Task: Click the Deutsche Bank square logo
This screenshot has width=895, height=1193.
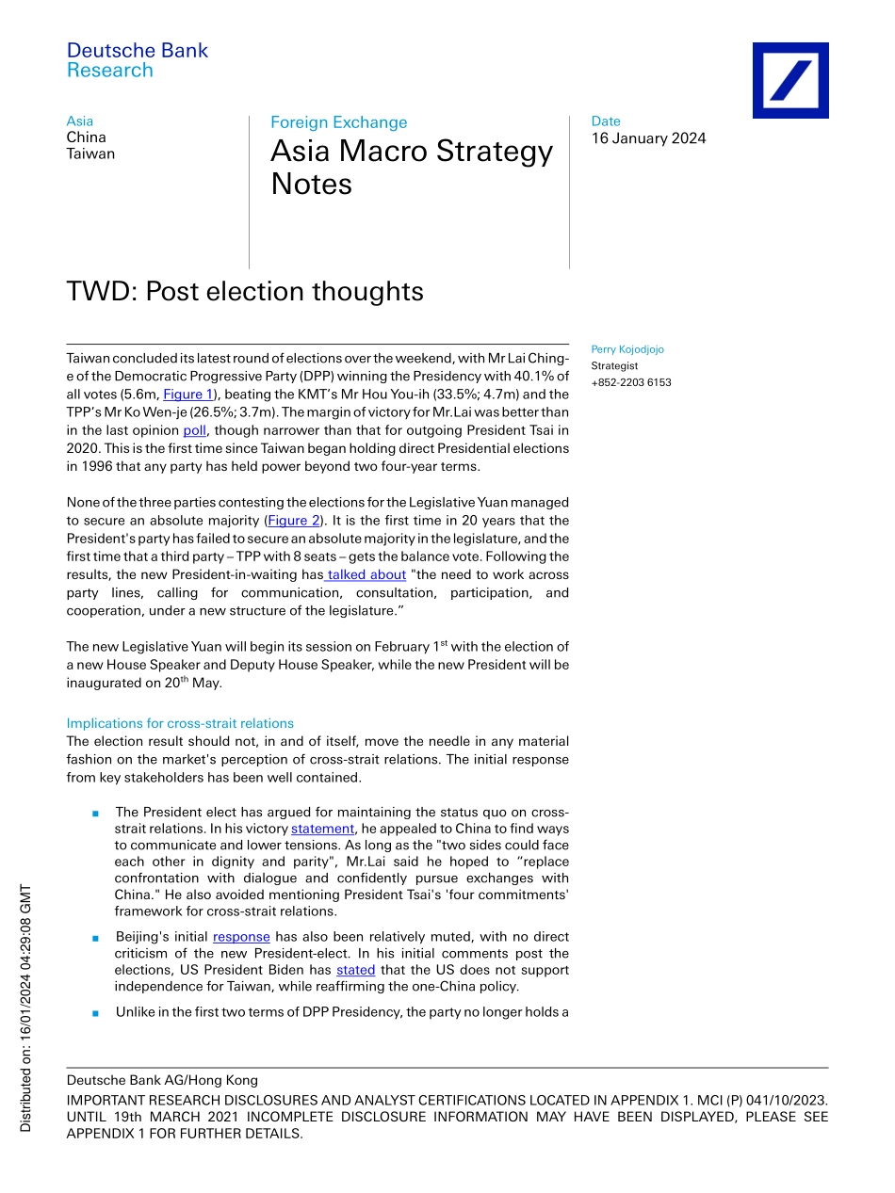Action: (789, 80)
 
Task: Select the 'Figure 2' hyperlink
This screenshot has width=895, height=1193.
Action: (293, 521)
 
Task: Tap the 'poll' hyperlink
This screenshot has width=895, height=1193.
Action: (194, 430)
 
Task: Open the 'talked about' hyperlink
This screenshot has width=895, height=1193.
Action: (366, 574)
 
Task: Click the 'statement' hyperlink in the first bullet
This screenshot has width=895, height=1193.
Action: (322, 829)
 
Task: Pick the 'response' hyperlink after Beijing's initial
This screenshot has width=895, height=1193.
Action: (241, 937)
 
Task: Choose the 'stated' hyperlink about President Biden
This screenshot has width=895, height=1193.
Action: (355, 970)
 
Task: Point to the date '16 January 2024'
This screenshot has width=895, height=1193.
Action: (648, 138)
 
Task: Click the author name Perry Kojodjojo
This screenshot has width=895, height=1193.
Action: (627, 349)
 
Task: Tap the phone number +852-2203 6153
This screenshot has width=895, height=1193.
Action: (631, 382)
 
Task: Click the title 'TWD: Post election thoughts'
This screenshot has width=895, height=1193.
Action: (245, 292)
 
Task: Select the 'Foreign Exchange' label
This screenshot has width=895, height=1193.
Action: (339, 122)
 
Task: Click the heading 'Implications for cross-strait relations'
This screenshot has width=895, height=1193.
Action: (180, 723)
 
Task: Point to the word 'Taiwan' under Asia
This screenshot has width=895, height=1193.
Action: (90, 153)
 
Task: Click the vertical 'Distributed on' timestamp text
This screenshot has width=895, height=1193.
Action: (26, 1008)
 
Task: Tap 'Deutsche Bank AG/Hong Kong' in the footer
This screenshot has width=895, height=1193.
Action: (162, 1080)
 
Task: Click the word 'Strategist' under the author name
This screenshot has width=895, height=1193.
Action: (614, 365)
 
